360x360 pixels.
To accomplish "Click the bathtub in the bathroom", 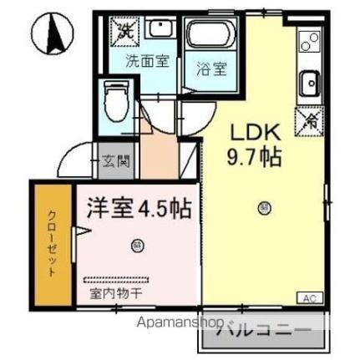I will tap(210, 37).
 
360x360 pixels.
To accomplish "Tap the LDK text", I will tap(256, 134).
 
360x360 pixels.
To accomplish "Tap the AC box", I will tap(309, 297).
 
